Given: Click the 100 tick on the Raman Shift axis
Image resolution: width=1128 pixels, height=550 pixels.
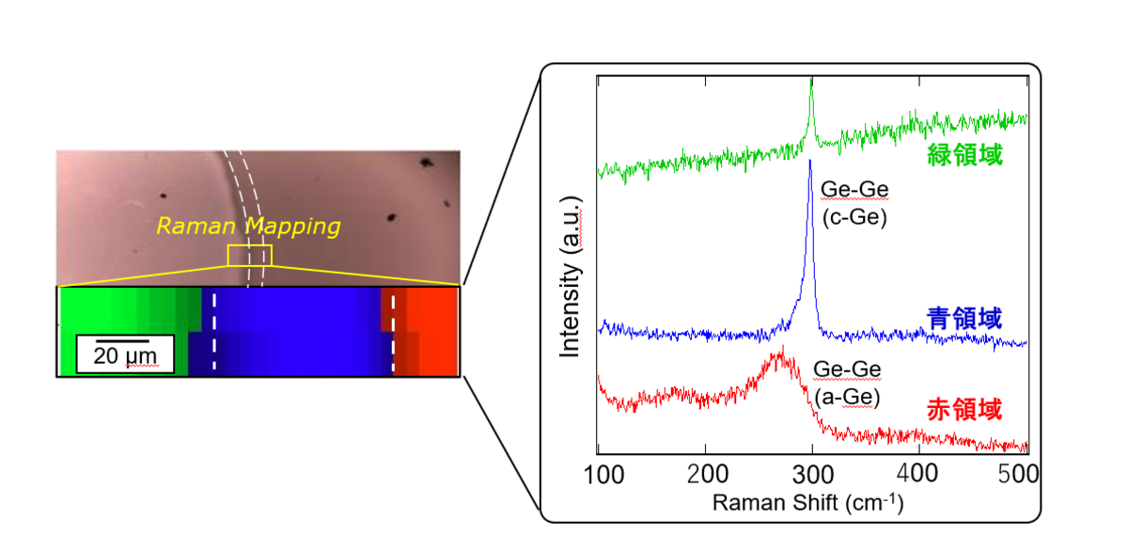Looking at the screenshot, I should (599, 470).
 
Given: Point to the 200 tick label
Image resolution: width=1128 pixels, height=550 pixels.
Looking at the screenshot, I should (706, 470).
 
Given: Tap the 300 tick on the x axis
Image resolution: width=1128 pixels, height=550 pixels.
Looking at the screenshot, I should (812, 470).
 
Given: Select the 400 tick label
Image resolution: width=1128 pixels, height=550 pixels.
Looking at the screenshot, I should (918, 470).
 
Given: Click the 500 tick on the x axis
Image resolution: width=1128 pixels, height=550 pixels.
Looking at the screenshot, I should (1024, 470).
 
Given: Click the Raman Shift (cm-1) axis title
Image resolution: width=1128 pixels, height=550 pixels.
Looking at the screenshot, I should (807, 502).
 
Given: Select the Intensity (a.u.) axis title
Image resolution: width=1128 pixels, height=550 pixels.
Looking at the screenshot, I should (570, 276).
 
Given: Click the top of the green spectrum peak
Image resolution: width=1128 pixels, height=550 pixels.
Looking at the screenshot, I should (811, 81).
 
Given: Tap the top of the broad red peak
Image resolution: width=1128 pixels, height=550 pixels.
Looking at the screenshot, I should (779, 351).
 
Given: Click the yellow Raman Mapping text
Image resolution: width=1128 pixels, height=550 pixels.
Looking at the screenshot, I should (247, 227).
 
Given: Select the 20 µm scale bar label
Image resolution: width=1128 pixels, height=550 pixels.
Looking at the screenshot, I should (123, 356).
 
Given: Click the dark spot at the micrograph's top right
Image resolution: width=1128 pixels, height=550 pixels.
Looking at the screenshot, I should (428, 164).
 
